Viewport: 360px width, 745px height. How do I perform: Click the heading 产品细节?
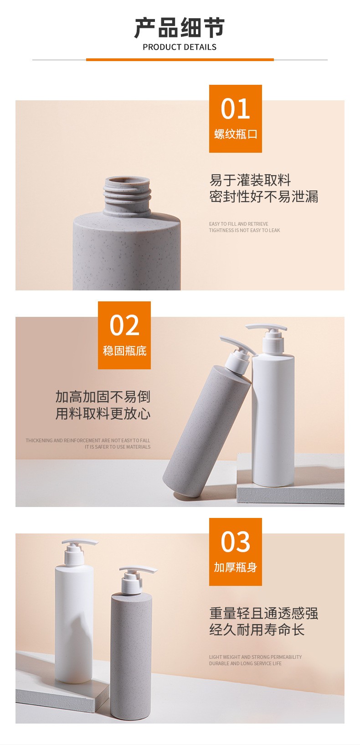(180, 28)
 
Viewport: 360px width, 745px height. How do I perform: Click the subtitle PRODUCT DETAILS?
(180, 47)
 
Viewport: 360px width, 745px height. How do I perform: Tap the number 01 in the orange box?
(235, 109)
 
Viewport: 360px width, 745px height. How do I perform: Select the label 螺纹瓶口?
(236, 134)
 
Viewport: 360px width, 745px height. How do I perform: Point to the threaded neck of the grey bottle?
(127, 195)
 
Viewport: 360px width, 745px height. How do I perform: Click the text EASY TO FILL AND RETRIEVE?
(239, 224)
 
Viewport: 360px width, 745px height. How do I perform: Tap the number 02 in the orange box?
(124, 325)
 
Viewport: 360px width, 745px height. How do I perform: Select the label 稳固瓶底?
(125, 351)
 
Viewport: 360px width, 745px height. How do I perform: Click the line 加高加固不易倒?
(103, 397)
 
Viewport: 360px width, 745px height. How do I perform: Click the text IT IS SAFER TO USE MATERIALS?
(118, 447)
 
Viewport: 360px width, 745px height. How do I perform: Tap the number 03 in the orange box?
(235, 542)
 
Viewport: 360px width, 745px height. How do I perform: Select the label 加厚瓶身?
(236, 567)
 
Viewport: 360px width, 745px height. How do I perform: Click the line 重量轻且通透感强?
(263, 613)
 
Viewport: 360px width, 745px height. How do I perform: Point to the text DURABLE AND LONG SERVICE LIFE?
(245, 663)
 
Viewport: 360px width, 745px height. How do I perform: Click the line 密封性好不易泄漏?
(263, 197)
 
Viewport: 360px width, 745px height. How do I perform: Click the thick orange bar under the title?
(180, 60)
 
